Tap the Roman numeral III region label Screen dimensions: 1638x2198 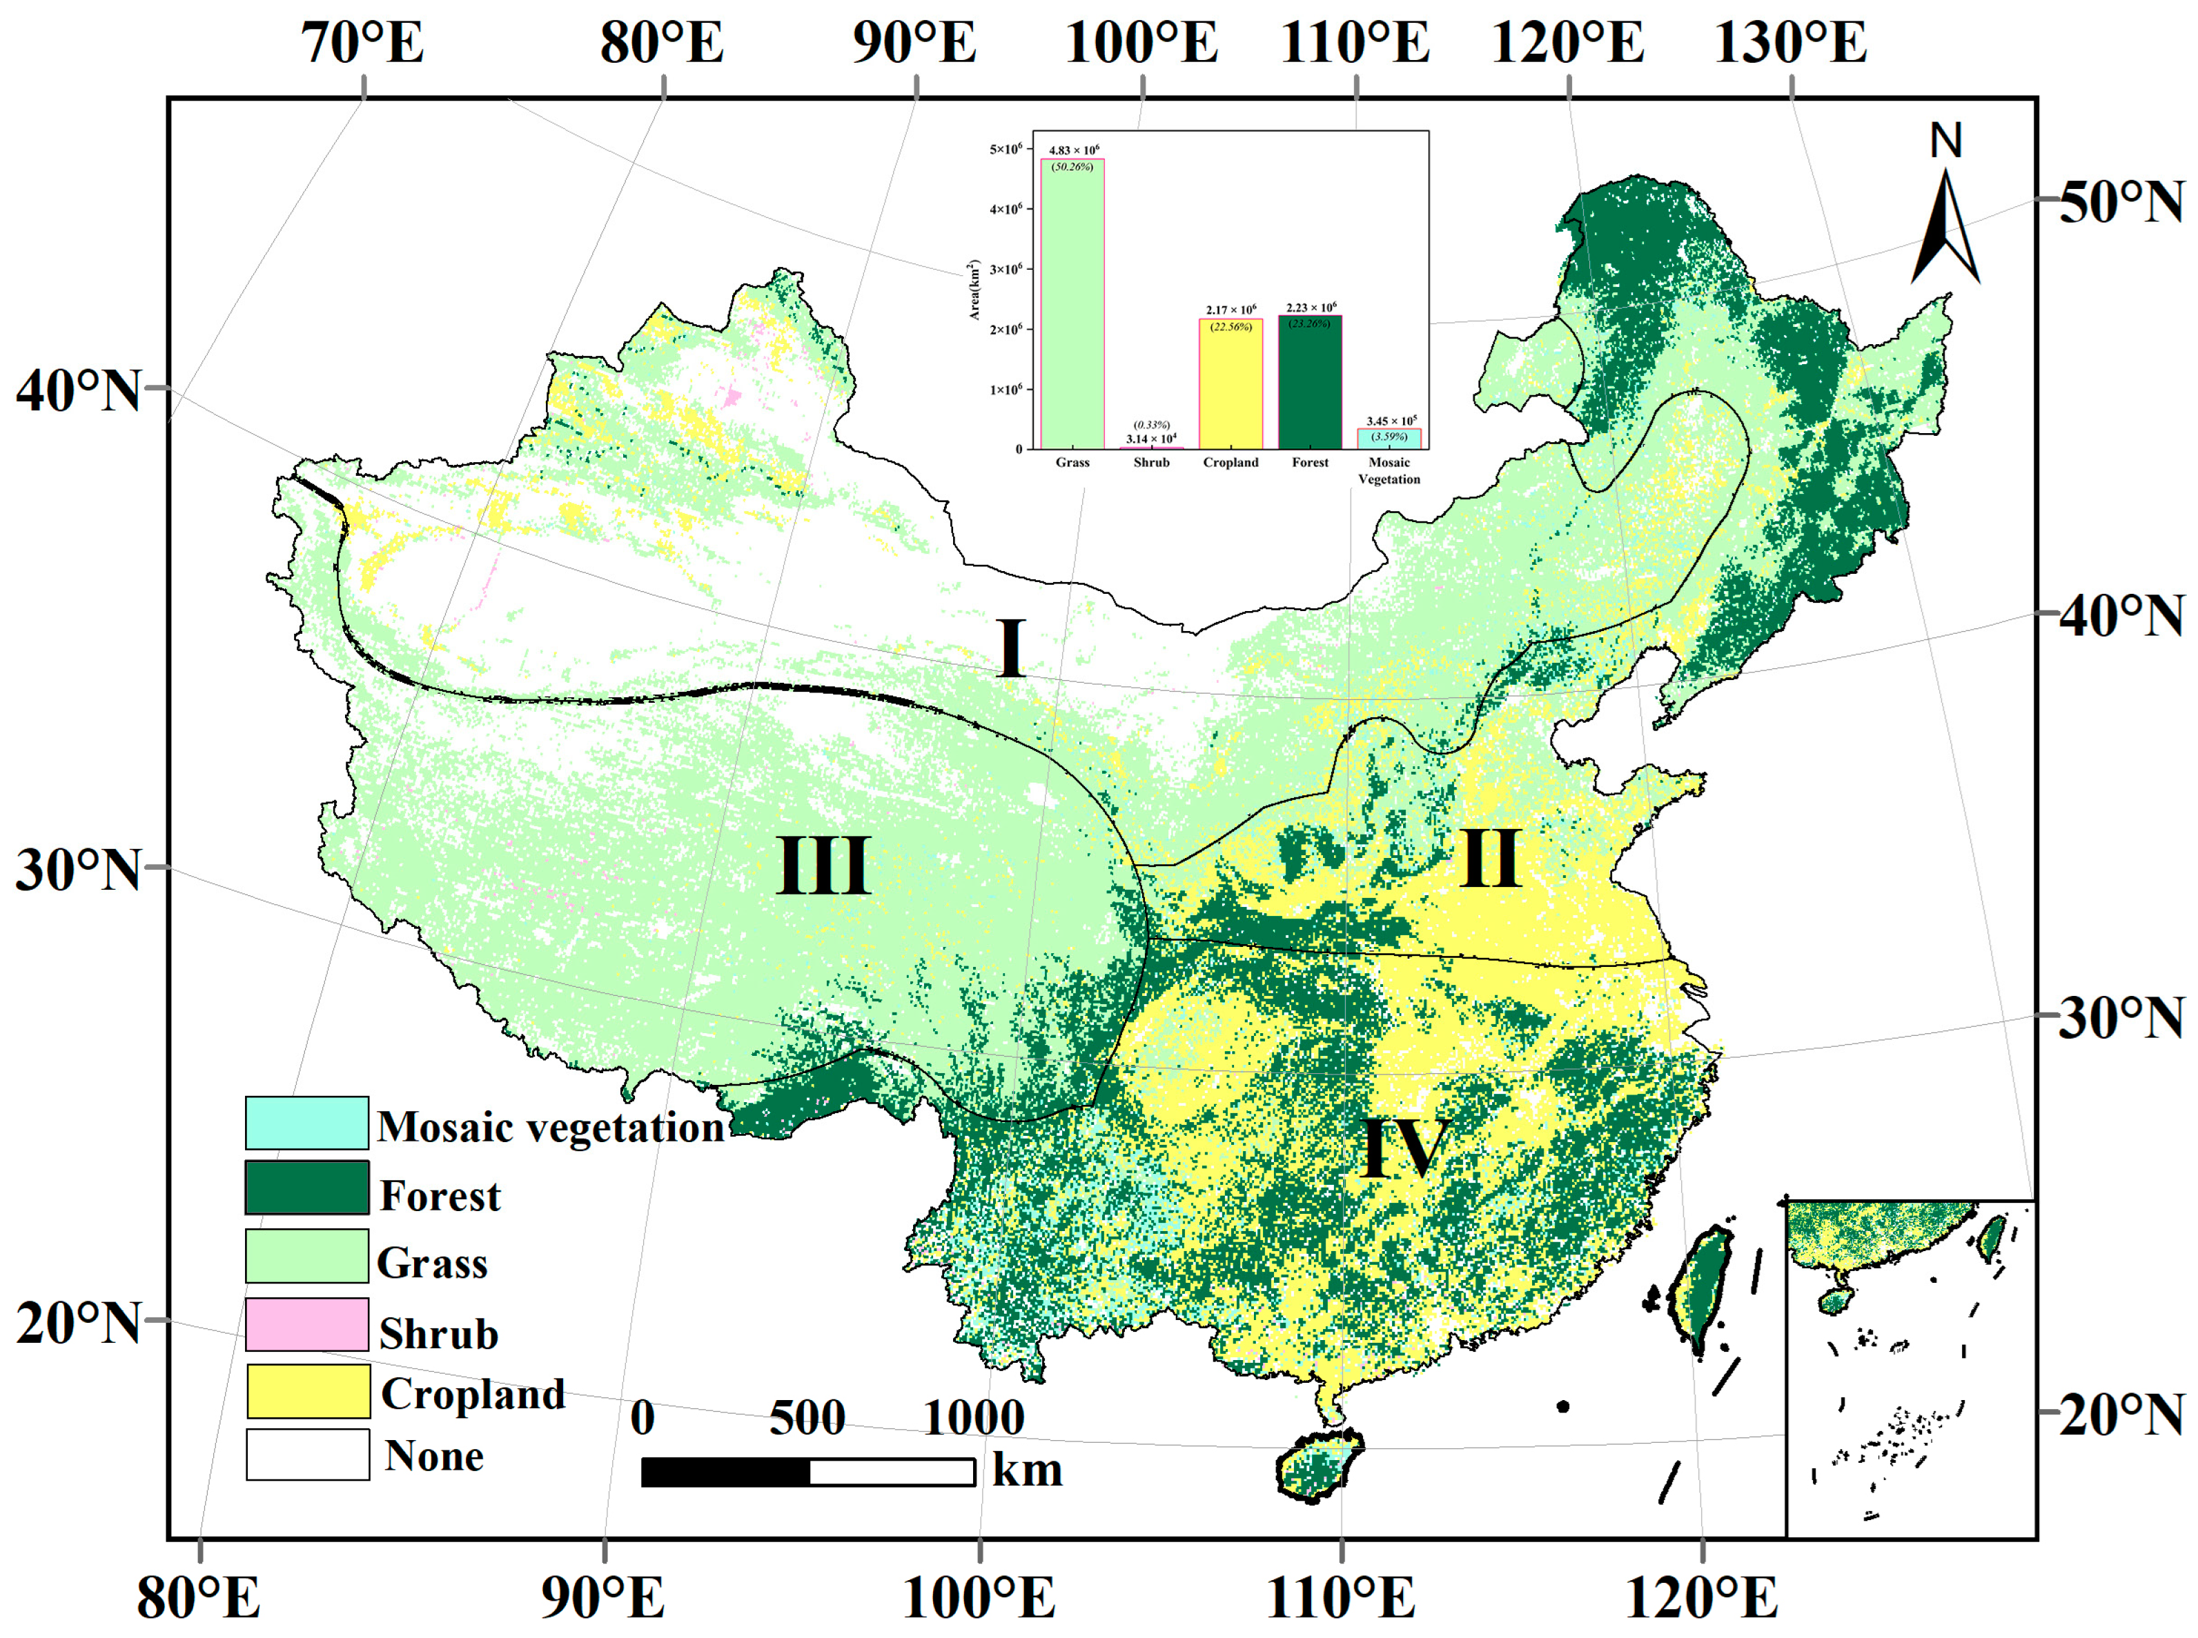823,866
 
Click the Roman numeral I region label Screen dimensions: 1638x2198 1011,648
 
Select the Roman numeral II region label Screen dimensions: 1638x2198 1490,859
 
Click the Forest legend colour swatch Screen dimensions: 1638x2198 306,1188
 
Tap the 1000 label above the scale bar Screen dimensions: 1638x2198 973,1418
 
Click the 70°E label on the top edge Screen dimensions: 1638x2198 363,43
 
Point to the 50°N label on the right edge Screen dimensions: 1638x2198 2121,202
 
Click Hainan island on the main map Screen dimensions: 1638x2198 1317,1466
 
